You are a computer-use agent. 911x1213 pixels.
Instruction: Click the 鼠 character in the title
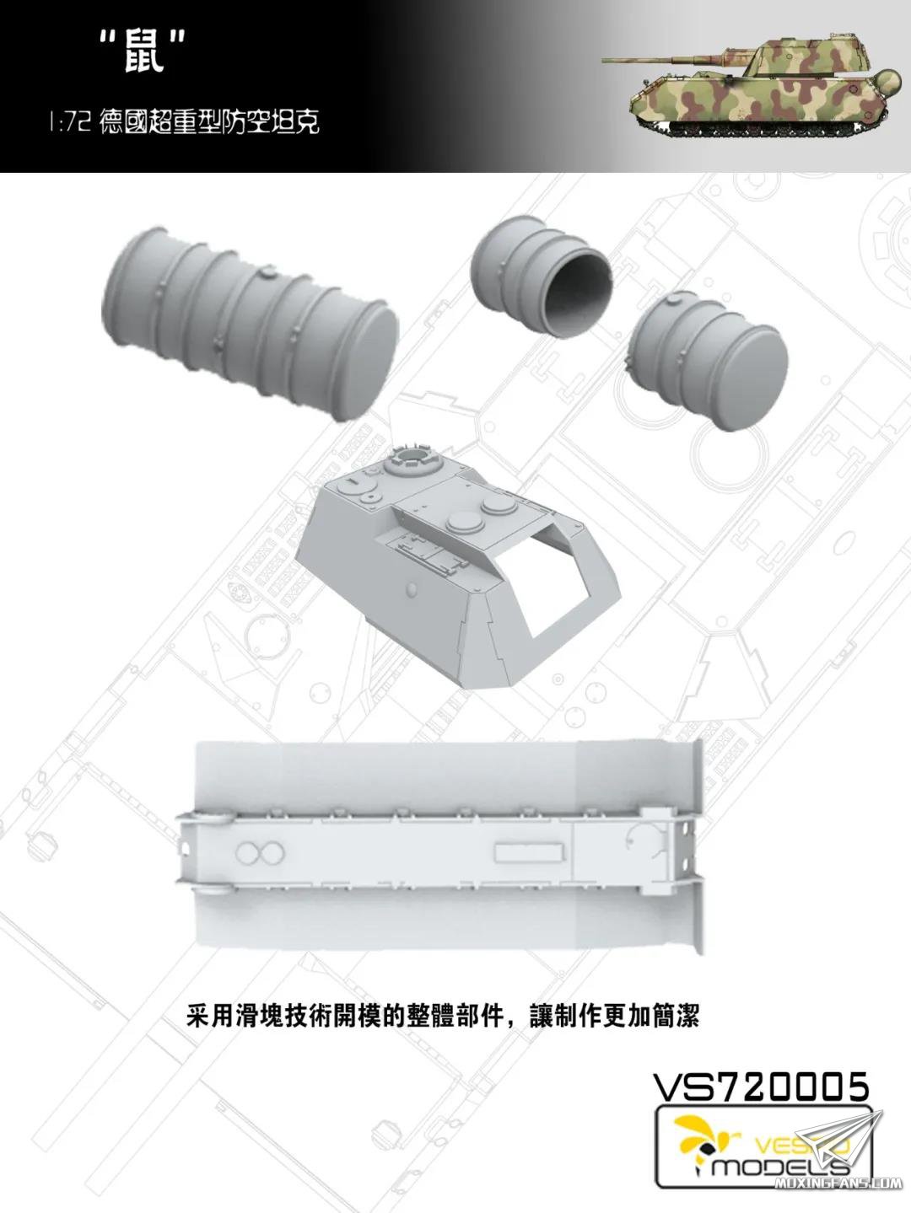tap(144, 54)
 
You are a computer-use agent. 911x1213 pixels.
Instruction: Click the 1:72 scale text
tap(70, 123)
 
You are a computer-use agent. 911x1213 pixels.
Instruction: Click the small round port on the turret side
tap(411, 589)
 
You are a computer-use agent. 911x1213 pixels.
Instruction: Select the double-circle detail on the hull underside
tap(260, 855)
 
